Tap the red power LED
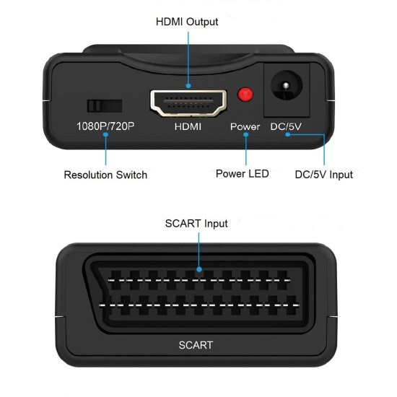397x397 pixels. tap(246, 95)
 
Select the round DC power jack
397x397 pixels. tap(287, 90)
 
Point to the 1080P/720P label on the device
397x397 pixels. tap(105, 126)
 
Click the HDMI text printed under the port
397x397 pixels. tap(187, 126)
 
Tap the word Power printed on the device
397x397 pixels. tap(245, 126)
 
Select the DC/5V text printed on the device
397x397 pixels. tap(286, 126)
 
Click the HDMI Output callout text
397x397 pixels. tap(187, 22)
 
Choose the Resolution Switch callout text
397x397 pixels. tap(105, 175)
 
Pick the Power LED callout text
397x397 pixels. tap(243, 173)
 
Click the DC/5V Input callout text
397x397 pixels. tap(324, 174)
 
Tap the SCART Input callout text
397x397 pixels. tap(196, 223)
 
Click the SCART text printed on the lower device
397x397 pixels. tap(196, 345)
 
